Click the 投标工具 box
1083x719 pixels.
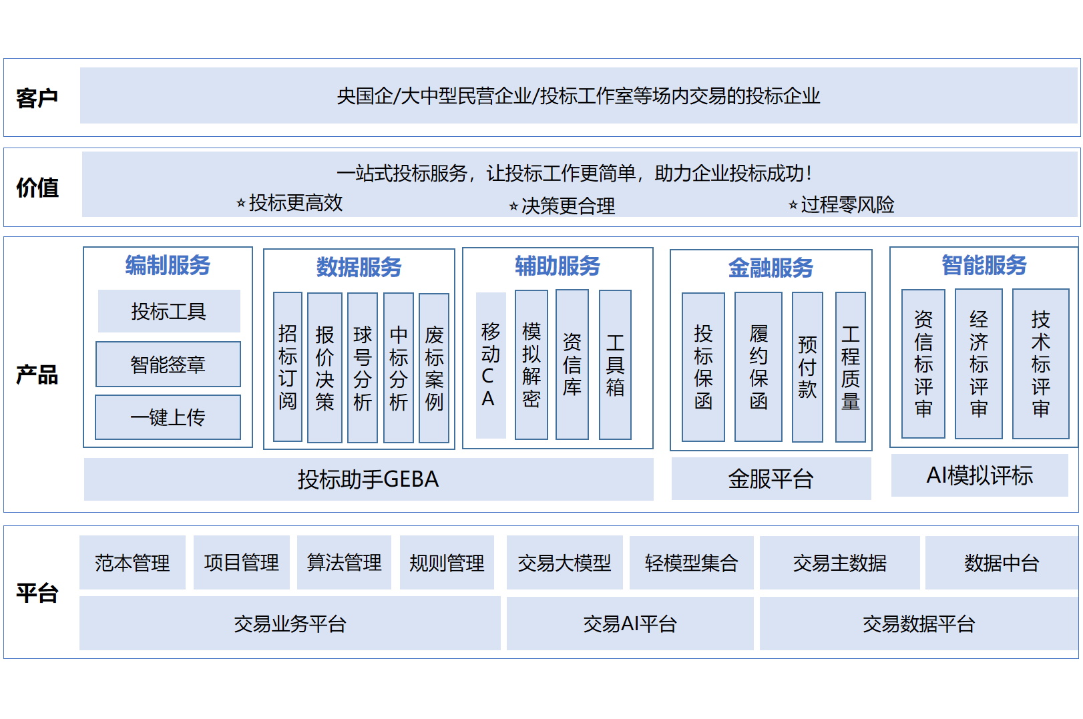[169, 311]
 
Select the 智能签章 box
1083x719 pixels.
[168, 365]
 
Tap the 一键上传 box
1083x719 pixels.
[168, 417]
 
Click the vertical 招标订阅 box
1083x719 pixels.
[288, 367]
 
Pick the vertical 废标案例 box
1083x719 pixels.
[434, 368]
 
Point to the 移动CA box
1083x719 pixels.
[490, 365]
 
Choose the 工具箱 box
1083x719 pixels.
[615, 365]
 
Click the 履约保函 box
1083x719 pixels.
[759, 367]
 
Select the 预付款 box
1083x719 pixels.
[807, 367]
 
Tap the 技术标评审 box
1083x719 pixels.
[1040, 364]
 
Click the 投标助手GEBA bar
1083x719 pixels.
[369, 479]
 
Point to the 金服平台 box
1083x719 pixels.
[771, 479]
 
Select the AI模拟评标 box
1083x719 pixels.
[980, 475]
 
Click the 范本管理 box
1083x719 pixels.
[132, 563]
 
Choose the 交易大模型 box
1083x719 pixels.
[564, 563]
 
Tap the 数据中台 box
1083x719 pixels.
[1002, 563]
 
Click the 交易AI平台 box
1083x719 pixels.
[630, 624]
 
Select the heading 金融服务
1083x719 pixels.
[771, 268]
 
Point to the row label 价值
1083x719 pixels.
[37, 188]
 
